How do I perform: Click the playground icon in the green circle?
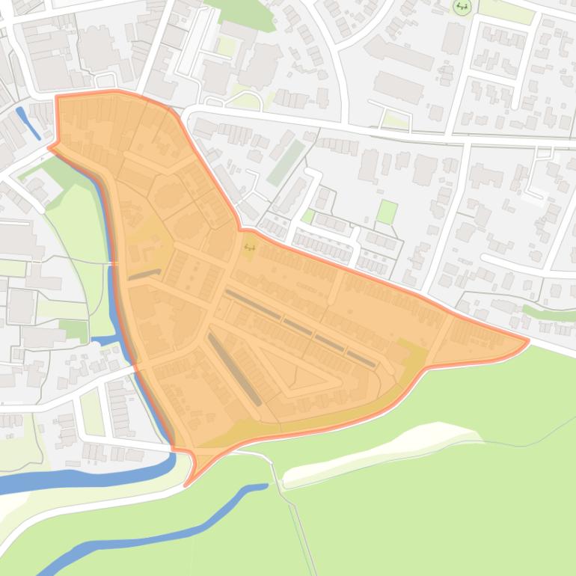pyautogui.click(x=462, y=7)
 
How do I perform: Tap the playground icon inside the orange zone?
pyautogui.click(x=249, y=246)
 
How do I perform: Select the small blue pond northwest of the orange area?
pyautogui.click(x=29, y=123)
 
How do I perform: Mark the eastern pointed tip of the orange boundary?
pyautogui.click(x=527, y=341)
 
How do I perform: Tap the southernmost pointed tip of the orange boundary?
pyautogui.click(x=186, y=485)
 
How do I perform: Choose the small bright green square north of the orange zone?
pyautogui.click(x=386, y=212)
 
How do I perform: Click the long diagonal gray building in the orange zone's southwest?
pyautogui.click(x=234, y=370)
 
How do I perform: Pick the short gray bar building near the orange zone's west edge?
pyautogui.click(x=144, y=275)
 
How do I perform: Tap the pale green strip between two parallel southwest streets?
pyautogui.click(x=92, y=412)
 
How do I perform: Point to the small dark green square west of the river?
pyautogui.click(x=75, y=330)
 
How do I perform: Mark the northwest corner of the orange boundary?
pyautogui.click(x=57, y=97)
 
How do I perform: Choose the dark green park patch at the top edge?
pyautogui.click(x=239, y=11)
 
